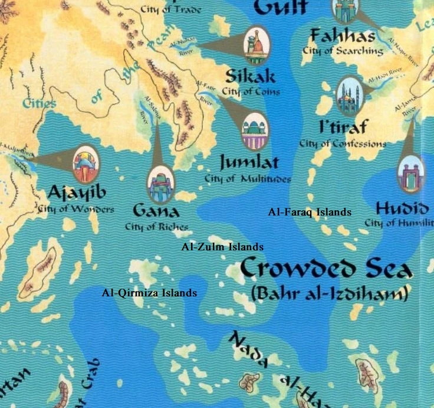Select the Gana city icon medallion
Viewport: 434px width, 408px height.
161,184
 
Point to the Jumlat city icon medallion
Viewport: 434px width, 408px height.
255,132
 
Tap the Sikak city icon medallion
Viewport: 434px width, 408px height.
255,45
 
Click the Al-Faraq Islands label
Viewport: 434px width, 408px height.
310,212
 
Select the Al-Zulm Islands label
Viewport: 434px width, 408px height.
223,247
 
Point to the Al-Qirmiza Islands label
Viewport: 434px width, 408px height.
149,292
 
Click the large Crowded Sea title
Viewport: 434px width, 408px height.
325,269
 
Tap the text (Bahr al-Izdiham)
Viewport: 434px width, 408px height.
329,293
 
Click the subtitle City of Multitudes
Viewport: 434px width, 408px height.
248,178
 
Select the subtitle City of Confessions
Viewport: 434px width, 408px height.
343,143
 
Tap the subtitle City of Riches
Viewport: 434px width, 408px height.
156,227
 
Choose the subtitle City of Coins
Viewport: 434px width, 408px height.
251,92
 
